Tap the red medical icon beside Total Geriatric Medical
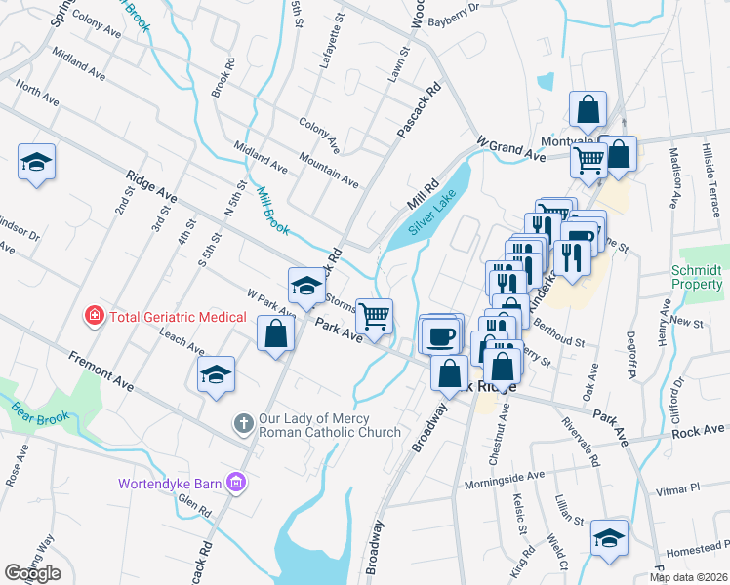coord(94,316)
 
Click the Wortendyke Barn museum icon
coord(234,483)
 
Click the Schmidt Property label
coord(697,277)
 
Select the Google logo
coord(32,573)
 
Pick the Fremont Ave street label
coord(101,370)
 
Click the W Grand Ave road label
coord(510,147)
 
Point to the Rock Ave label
coord(699,430)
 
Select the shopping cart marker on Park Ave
coord(374,316)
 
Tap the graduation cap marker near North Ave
coord(36,162)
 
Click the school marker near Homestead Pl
coord(609,538)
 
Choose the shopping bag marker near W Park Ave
coord(276,334)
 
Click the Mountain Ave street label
coord(329,169)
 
